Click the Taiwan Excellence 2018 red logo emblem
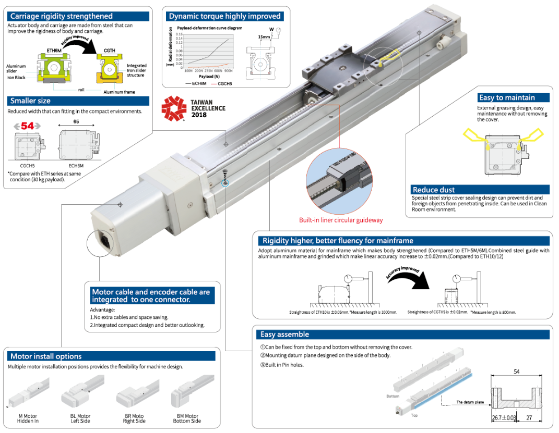tap(173, 108)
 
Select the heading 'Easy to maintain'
tap(506, 97)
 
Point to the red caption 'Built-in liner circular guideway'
tap(340, 220)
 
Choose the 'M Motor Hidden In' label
tap(27, 418)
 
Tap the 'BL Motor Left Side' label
tap(80, 418)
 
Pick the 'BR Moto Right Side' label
tap(134, 418)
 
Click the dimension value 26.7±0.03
tap(504, 417)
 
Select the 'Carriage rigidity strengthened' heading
tap(61, 16)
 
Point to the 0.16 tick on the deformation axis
tap(180, 34)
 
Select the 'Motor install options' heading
tap(46, 356)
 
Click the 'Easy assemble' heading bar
tap(284, 335)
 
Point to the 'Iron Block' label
tap(16, 77)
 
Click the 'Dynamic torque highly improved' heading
tap(225, 16)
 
